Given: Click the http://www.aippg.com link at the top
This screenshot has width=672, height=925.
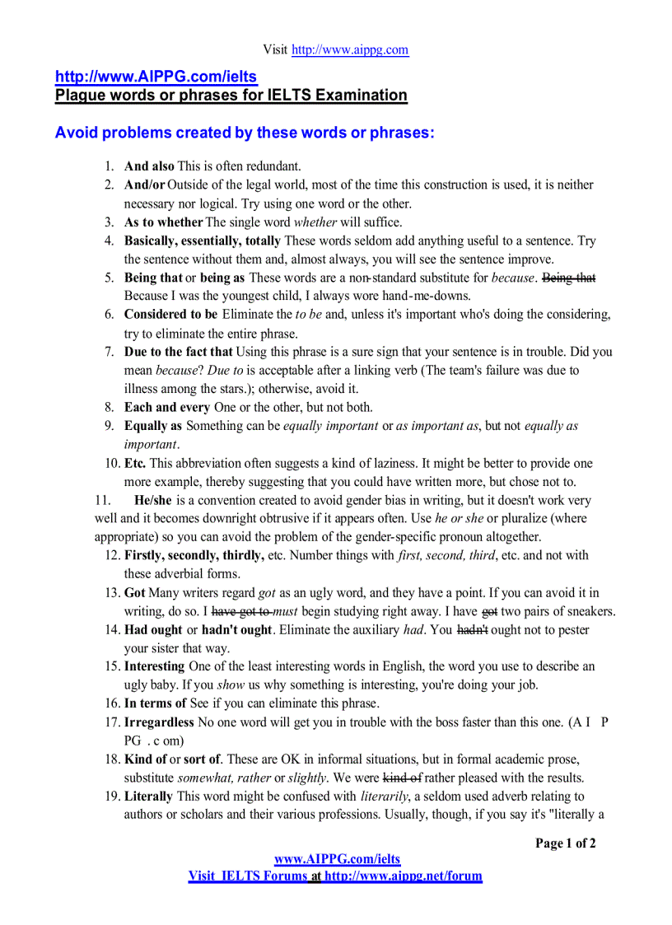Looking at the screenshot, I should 350,49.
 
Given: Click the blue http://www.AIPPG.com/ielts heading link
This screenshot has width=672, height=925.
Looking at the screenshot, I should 156,77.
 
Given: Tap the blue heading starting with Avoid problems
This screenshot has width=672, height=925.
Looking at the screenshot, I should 244,133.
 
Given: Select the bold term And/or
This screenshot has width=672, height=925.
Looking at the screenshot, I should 145,185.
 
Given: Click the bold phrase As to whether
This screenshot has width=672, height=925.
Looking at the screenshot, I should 163,222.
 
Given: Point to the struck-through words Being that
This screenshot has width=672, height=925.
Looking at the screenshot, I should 569,278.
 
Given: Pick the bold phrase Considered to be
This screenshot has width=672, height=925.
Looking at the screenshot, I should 170,314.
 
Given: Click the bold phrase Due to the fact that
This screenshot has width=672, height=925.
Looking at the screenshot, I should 178,352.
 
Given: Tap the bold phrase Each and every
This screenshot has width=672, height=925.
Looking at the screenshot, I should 166,407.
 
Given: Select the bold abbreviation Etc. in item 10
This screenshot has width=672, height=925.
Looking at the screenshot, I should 135,463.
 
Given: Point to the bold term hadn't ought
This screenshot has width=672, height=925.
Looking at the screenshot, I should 237,630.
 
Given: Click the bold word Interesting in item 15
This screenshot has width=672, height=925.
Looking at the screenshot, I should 155,666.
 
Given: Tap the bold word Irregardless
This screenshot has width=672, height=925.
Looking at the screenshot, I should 159,722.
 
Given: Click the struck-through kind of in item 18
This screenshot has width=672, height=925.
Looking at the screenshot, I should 402,778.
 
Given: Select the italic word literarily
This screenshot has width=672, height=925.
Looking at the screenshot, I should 386,797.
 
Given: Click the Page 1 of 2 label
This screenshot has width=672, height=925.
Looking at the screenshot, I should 565,843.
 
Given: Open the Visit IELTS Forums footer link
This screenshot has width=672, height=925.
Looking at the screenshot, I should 334,876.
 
